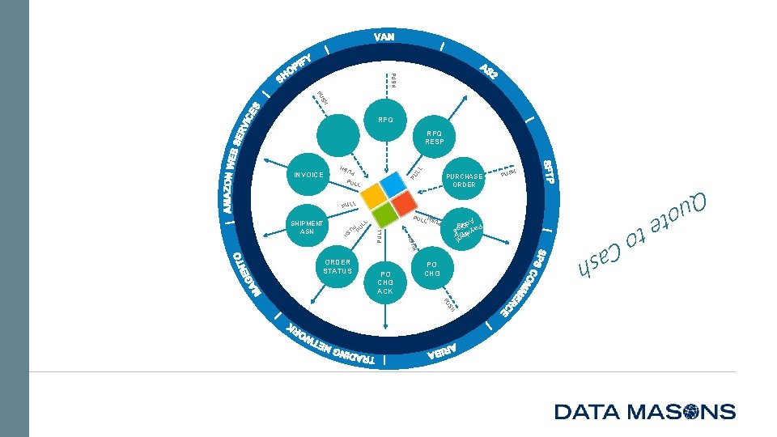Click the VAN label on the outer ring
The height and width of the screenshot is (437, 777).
(384, 37)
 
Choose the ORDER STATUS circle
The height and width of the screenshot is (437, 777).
(338, 268)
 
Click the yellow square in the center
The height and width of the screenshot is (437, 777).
(373, 194)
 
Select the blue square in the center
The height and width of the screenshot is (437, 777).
(397, 185)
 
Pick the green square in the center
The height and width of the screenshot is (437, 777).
(384, 214)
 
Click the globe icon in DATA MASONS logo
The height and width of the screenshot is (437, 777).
(694, 412)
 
